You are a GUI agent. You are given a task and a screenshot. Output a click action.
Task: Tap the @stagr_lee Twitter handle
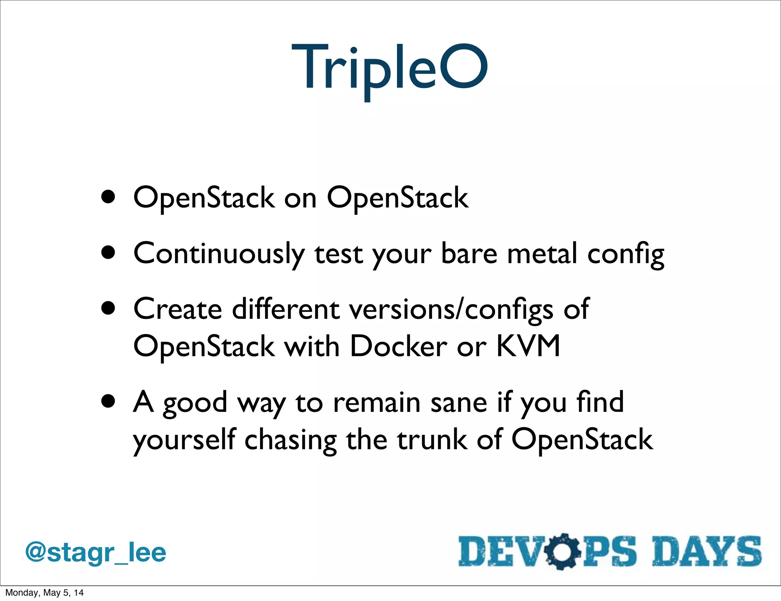pyautogui.click(x=95, y=553)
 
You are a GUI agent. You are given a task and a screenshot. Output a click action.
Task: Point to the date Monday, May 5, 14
pyautogui.click(x=44, y=593)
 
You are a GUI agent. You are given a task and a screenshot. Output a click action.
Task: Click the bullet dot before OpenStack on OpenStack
pyautogui.click(x=108, y=197)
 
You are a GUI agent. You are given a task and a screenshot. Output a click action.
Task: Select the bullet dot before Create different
pyautogui.click(x=108, y=308)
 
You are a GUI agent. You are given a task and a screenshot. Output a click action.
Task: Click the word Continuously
pyautogui.click(x=219, y=254)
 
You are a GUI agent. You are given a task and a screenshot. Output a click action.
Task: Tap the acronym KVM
pyautogui.click(x=528, y=345)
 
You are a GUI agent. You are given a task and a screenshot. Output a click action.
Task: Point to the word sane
pyautogui.click(x=458, y=402)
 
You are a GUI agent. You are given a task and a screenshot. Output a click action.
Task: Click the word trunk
pyautogui.click(x=432, y=439)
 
